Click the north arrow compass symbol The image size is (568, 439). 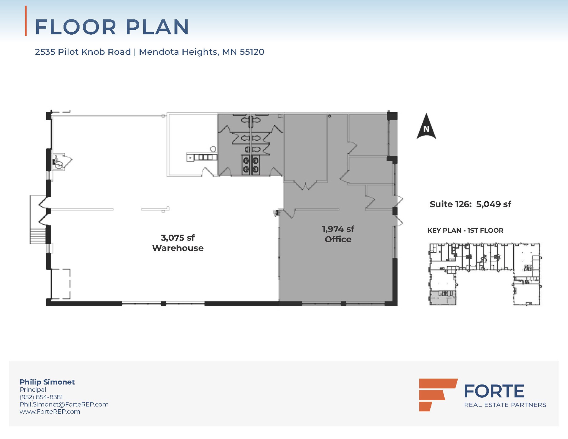[x=426, y=127]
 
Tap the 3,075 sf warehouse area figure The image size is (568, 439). [x=178, y=238]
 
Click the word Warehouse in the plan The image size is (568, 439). [x=178, y=248]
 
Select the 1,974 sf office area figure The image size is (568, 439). [x=338, y=229]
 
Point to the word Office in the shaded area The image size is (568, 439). [x=338, y=239]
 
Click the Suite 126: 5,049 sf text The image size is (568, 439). [x=470, y=204]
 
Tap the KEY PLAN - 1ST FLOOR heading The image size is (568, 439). [x=465, y=230]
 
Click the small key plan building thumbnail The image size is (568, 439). [x=485, y=274]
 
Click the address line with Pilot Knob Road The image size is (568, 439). [x=149, y=52]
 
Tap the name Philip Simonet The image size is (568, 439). [x=47, y=382]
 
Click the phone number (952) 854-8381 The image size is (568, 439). [x=41, y=397]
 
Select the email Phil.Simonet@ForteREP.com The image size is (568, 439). [x=64, y=404]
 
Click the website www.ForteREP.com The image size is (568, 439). [x=50, y=412]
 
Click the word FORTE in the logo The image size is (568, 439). [x=494, y=391]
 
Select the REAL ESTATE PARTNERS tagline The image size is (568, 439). [x=505, y=405]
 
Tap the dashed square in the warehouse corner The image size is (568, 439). [x=60, y=284]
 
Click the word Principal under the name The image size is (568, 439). [x=33, y=389]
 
